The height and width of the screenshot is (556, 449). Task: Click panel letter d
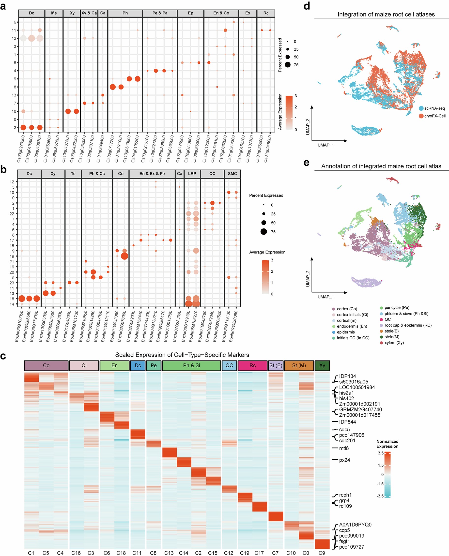(307, 6)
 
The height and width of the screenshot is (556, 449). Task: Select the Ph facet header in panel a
(125, 13)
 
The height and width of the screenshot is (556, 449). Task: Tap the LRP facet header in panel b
(192, 174)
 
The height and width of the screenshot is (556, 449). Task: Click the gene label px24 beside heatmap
(344, 460)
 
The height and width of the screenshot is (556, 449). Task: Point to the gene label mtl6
(344, 448)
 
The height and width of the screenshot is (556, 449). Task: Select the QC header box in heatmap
(229, 365)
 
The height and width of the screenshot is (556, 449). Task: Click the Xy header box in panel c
(322, 365)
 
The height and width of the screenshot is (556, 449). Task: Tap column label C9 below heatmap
(322, 553)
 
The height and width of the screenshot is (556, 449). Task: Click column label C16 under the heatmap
(76, 553)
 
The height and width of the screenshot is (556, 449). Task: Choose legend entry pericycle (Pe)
(397, 308)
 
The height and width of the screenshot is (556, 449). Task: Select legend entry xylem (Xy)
(394, 343)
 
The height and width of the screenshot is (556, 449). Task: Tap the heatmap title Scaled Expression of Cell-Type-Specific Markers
(182, 355)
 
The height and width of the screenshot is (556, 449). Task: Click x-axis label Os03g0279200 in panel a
(21, 149)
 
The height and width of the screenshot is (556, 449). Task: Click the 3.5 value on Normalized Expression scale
(380, 453)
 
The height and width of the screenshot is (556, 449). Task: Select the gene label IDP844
(347, 422)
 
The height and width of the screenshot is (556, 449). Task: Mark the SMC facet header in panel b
(232, 174)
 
